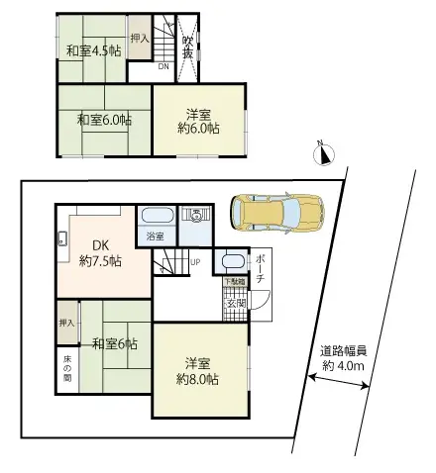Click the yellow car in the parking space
[x=276, y=211]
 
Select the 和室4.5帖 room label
[x=89, y=51]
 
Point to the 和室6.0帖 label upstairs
[x=104, y=120]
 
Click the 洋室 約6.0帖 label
[x=200, y=120]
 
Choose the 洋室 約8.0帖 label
[x=198, y=370]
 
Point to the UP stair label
[x=194, y=262]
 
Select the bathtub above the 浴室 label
[x=155, y=216]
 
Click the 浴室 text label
[x=155, y=238]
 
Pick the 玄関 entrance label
[x=236, y=303]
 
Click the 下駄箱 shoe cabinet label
[x=234, y=283]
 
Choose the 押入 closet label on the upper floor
[x=140, y=39]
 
